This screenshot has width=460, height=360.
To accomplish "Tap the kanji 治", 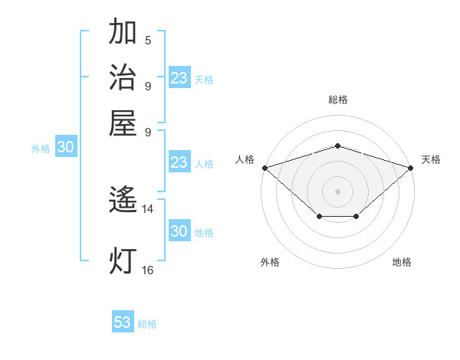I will [x=123, y=78].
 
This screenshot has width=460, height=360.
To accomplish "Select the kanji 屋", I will [x=123, y=123].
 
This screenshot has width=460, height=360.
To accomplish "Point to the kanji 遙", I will [x=123, y=201].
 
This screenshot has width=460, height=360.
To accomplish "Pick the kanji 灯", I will [x=123, y=260].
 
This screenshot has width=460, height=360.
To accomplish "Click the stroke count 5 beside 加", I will [x=148, y=41].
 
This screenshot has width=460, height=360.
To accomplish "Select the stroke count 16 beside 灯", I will [x=148, y=270].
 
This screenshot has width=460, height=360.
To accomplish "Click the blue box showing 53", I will [x=123, y=322].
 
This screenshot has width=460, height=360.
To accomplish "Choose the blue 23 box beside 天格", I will [x=179, y=78].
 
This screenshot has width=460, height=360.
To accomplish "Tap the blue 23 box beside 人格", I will [x=179, y=162].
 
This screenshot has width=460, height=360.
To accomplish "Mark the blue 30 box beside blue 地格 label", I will [x=179, y=231].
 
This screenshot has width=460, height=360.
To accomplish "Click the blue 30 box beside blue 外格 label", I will [x=66, y=148].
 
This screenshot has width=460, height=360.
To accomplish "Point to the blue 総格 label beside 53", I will [x=147, y=324].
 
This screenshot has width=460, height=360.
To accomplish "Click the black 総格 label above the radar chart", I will [x=337, y=100].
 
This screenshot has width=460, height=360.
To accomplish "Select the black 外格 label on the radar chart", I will [x=270, y=263].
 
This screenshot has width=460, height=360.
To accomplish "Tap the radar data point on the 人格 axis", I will [x=264, y=167].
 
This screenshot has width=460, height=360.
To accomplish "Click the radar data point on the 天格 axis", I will [x=411, y=167].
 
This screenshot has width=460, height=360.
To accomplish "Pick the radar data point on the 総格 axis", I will [x=337, y=146].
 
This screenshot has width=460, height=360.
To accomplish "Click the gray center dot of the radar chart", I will [x=337, y=191].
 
